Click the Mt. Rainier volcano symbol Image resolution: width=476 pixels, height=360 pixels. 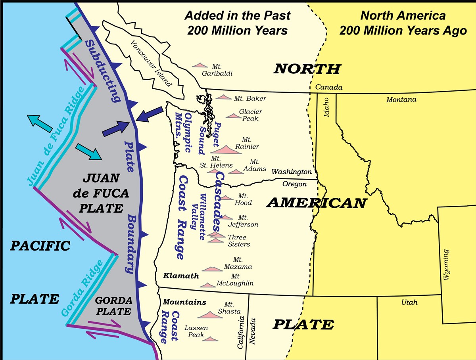point(226,150)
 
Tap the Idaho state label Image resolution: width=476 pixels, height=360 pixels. point(326,107)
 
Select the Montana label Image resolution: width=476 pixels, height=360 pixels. point(401,100)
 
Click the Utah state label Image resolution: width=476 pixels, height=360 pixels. point(409,302)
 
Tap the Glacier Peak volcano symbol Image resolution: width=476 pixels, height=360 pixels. point(233,116)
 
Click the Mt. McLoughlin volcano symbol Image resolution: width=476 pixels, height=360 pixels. point(207,285)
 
